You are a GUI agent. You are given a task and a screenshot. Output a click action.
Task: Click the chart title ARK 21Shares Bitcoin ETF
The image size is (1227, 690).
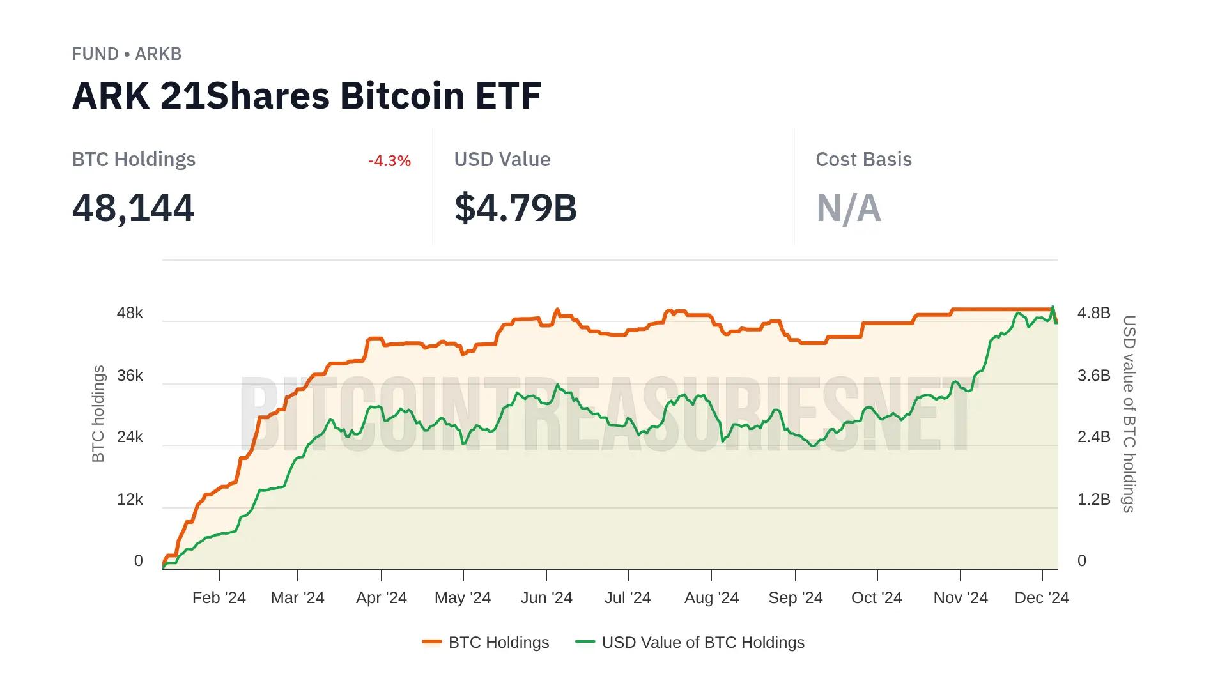(307, 96)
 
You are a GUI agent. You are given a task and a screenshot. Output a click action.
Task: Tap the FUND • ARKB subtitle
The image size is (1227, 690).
(127, 54)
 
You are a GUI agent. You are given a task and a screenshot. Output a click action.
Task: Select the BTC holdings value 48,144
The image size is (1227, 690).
(133, 208)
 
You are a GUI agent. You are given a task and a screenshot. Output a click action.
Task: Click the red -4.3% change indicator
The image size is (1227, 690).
(389, 161)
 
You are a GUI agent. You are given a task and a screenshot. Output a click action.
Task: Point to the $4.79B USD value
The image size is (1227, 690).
(515, 208)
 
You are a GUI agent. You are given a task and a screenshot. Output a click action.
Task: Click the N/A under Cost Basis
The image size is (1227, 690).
(849, 208)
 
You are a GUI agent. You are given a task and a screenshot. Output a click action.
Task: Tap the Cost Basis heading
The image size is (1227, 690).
(863, 159)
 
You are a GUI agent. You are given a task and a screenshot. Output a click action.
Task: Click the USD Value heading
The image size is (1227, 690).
(502, 159)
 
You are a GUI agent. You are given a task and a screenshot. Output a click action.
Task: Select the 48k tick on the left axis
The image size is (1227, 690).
(130, 313)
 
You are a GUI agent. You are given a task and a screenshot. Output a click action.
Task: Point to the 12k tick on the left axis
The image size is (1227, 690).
(130, 500)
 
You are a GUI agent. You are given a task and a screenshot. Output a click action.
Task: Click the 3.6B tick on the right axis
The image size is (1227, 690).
(1093, 376)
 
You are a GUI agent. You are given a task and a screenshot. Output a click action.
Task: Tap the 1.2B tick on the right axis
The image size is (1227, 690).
(1093, 500)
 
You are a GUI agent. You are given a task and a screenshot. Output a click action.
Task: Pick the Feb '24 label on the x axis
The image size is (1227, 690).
(219, 598)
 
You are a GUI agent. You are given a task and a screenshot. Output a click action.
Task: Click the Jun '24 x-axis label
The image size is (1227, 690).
(546, 598)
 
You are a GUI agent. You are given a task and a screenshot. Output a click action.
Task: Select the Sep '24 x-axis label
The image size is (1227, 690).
(795, 598)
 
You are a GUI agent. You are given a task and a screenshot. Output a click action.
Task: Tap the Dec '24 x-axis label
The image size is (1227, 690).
(1042, 598)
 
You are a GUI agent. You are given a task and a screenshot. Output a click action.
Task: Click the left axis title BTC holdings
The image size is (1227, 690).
(98, 414)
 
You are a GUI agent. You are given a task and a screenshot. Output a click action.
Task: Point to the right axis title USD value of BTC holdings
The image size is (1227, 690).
(1129, 414)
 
